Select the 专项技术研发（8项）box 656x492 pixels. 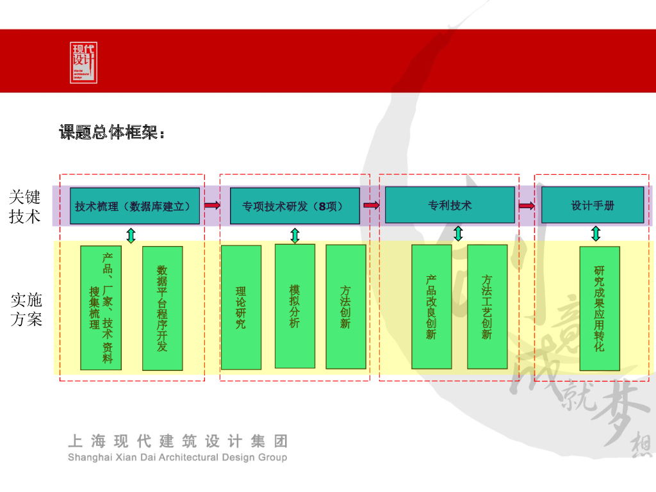(295, 206)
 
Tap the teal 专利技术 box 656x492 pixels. (450, 205)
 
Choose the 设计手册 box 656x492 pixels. (593, 205)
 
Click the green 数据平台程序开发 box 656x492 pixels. (162, 308)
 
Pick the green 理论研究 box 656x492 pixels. (241, 307)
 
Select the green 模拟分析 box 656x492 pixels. (295, 306)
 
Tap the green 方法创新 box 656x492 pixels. (346, 307)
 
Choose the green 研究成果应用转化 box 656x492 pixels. (600, 308)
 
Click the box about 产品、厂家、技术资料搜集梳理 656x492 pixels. (101, 308)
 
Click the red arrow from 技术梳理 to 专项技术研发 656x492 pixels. (212, 206)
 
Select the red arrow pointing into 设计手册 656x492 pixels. (527, 206)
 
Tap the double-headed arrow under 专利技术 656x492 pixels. (458, 233)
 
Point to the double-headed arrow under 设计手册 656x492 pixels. (596, 233)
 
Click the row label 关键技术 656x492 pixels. (26, 206)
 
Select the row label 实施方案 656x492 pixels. (26, 309)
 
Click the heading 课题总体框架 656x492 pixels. (112, 133)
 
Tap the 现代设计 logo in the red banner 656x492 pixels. (83, 62)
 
